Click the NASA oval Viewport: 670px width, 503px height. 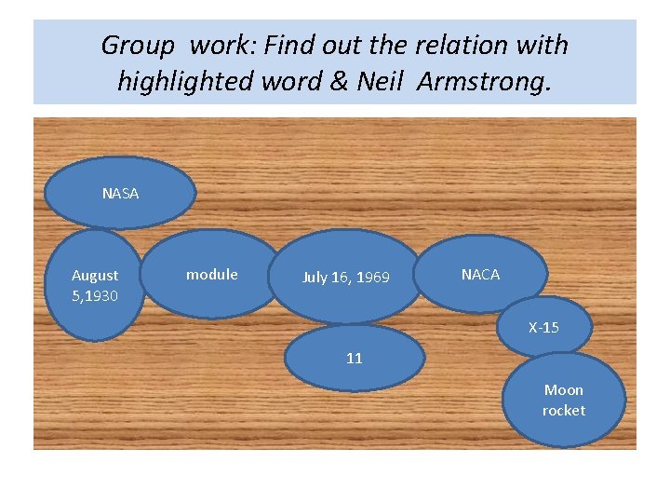coord(121,193)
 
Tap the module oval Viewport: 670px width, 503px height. coord(212,274)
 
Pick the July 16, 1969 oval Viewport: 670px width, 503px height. coord(346,277)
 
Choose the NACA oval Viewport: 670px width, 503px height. coord(480,274)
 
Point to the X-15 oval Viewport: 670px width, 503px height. coord(543,328)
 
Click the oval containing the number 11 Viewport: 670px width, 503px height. coord(354,357)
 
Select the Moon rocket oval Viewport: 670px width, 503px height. coord(564,401)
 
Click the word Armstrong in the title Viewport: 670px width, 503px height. coord(484,82)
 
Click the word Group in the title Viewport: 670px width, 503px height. coord(137,45)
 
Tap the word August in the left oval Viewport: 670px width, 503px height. coord(95,276)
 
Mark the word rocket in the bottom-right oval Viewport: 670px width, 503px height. coord(564,411)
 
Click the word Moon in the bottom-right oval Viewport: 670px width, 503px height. coord(564,390)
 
